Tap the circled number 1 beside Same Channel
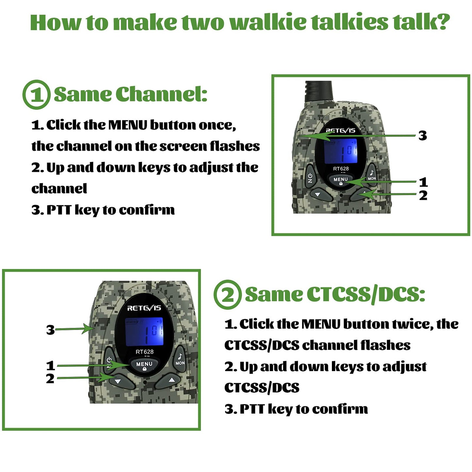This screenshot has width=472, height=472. coord(36,95)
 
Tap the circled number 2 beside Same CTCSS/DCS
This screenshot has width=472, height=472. coord(228,295)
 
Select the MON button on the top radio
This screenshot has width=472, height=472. coord(371,174)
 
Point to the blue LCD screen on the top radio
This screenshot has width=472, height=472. coord(341,151)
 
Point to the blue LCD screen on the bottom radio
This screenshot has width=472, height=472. coord(144,331)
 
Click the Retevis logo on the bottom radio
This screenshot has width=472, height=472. coord(144,308)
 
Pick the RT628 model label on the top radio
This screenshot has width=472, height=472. coord(341,169)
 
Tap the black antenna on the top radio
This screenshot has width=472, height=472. coord(319,91)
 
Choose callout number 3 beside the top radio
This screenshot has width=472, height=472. coord(423,136)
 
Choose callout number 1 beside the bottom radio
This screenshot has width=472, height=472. coord(50,366)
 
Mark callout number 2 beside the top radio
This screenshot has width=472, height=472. coord(423,196)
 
